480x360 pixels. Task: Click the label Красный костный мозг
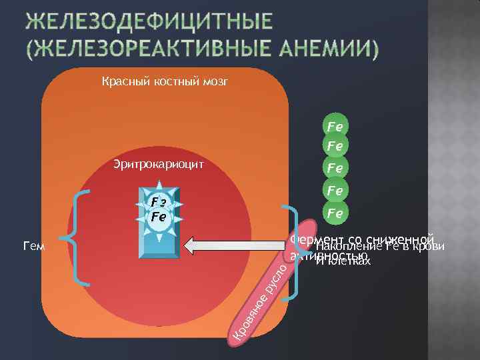[165, 83]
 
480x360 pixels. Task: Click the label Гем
[33, 247]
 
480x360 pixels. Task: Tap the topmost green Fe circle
[335, 125]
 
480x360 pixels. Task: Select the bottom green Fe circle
[335, 214]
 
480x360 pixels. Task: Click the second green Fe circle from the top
[335, 145]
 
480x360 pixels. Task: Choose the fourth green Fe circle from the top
[335, 191]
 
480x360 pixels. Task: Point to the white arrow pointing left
[233, 246]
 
